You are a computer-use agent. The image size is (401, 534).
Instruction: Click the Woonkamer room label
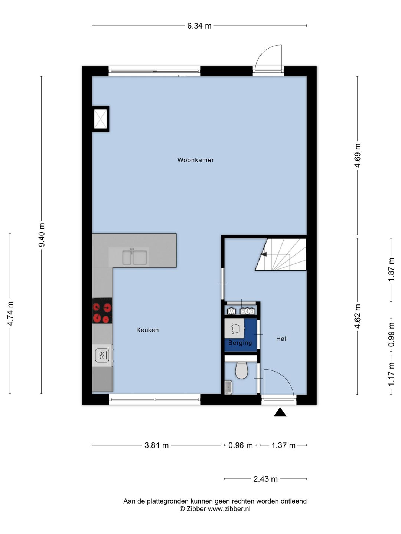196,160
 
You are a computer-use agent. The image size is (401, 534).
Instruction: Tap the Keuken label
147,330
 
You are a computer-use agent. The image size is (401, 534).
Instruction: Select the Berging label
240,343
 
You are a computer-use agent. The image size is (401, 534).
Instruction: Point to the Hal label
281,339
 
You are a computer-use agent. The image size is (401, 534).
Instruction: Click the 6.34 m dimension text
199,26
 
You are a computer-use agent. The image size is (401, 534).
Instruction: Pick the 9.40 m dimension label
42,235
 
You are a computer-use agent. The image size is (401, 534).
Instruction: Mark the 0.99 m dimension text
391,334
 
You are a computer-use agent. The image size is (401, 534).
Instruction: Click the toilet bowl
241,370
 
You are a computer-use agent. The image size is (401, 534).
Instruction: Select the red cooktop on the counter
102,310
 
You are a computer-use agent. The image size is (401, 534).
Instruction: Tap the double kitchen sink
134,257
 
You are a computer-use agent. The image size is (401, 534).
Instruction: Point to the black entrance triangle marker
280,412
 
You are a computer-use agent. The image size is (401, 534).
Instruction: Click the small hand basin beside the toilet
228,387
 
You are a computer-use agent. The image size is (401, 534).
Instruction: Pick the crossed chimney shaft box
100,119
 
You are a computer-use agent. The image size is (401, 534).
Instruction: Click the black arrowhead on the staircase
264,254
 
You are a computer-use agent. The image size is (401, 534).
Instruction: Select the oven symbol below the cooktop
102,355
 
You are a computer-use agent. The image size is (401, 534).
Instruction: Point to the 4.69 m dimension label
357,155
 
